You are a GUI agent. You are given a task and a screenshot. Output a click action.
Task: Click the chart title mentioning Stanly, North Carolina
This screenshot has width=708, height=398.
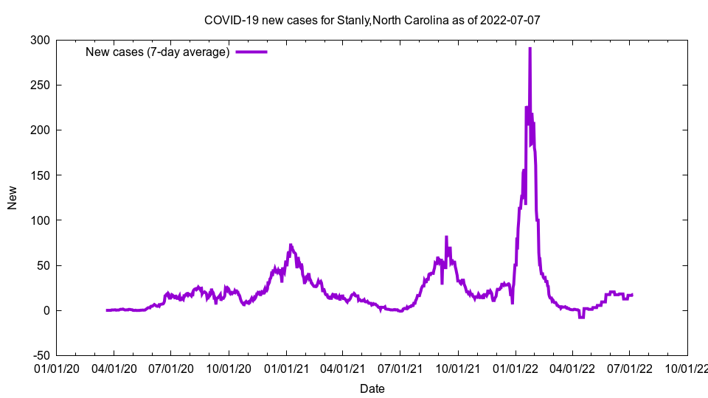372,20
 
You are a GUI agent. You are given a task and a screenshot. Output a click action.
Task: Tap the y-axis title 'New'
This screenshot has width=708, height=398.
13,198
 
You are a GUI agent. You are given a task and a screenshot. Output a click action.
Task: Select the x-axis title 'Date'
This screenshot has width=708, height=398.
372,388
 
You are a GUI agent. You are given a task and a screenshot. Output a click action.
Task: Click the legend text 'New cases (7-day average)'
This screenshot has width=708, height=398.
158,52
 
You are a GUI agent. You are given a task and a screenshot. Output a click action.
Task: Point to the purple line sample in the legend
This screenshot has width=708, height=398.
251,52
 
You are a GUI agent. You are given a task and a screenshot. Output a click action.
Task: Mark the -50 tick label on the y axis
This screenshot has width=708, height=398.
41,355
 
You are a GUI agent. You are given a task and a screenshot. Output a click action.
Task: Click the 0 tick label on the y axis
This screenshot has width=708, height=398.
47,310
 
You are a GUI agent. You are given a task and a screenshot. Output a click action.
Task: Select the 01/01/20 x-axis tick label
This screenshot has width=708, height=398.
56,368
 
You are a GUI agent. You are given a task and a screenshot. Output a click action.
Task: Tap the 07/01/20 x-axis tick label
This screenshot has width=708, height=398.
170,368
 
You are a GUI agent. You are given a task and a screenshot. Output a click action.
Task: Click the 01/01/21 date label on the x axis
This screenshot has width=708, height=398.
285,368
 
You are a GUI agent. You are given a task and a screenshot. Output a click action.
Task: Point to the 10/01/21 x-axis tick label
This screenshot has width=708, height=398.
458,368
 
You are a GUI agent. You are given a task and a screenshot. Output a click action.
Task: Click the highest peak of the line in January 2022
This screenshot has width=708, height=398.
530,49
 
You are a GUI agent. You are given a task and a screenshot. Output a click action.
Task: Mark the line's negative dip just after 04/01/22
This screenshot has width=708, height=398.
581,317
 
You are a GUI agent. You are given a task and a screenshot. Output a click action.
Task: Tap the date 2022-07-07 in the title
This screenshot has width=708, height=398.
510,20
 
